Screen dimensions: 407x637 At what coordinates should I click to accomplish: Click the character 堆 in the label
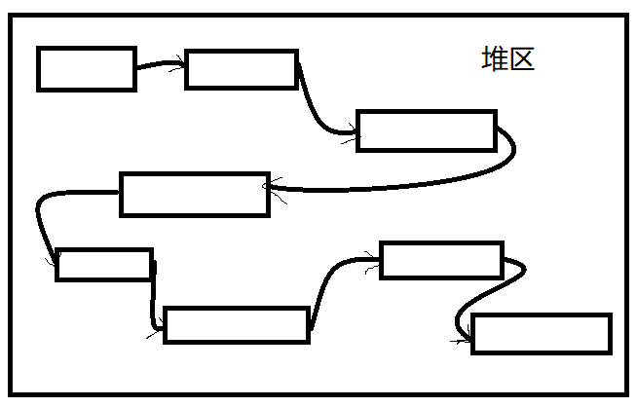495,59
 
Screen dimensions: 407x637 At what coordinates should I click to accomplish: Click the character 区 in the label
521,59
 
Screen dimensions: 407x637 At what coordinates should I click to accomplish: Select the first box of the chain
87,68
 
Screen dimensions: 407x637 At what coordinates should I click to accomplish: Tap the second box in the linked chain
241,69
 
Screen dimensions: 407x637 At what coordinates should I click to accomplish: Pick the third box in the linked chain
427,130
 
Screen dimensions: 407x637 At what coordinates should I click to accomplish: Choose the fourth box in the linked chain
194,194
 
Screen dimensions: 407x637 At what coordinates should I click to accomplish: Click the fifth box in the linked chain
104,265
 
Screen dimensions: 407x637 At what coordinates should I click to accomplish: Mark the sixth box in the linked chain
237,325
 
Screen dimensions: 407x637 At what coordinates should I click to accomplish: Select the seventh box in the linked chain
441,260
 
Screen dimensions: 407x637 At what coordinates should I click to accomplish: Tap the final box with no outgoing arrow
542,334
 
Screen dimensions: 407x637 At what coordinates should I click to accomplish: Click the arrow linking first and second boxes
159,65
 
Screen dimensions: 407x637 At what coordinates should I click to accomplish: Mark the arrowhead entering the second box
180,66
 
